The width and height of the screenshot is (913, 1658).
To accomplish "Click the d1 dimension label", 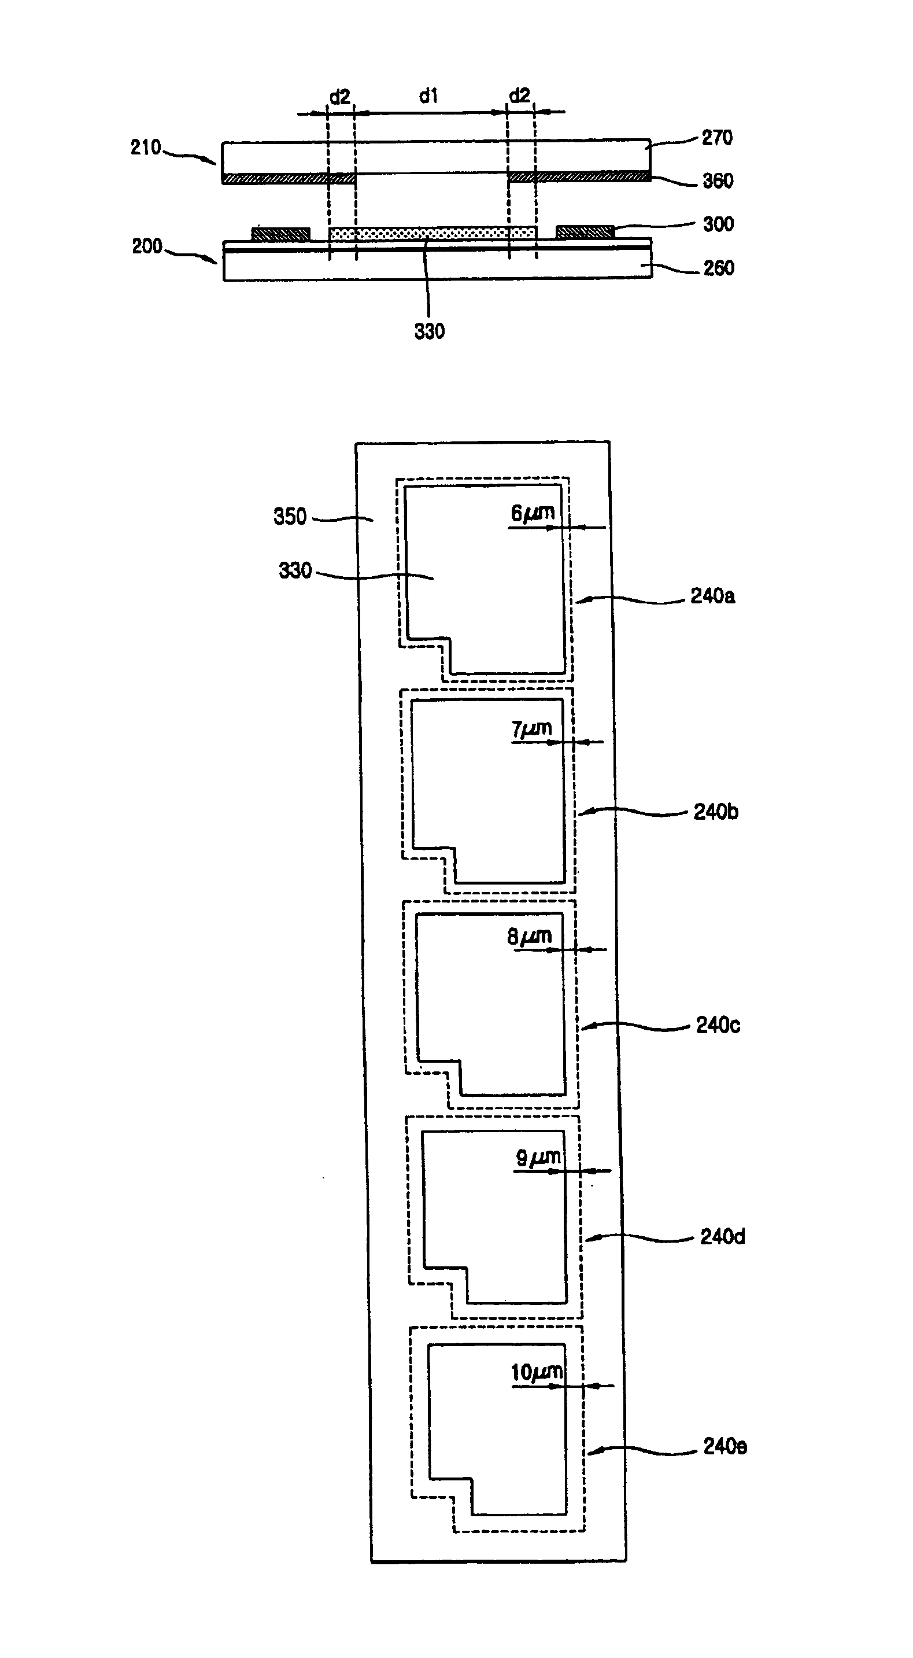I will pos(428,97).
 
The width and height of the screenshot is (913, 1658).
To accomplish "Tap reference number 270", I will pos(717,138).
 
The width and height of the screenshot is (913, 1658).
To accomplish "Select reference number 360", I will pos(718,181).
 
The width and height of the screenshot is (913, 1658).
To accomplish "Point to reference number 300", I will pos(718,224).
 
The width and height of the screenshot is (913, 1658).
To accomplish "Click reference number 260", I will pos(718,268).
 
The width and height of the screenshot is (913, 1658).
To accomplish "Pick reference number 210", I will pos(145,148).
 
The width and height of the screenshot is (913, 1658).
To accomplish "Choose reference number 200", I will pos(147,246).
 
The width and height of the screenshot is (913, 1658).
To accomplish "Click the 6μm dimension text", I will pos(532,514).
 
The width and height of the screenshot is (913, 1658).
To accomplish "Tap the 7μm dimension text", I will pos(531,729).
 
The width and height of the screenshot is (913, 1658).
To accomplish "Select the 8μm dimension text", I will pos(529,937).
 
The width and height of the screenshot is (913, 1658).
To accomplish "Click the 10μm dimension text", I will pos(537,1373).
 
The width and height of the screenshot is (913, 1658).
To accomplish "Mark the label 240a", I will pos(712,596).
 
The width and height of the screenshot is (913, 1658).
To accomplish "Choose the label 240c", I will pos(718,1025).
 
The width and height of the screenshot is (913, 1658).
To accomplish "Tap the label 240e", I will pos(725,1447).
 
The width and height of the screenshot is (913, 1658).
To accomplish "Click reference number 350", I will pos(290,517).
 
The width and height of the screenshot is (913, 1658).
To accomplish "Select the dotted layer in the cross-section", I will pos(433,233).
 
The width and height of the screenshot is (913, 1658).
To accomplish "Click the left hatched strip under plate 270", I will pos(289,178).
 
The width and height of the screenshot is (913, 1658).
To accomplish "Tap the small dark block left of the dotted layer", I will pos(280,233).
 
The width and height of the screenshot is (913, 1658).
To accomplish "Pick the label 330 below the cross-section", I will pos(429,331).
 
